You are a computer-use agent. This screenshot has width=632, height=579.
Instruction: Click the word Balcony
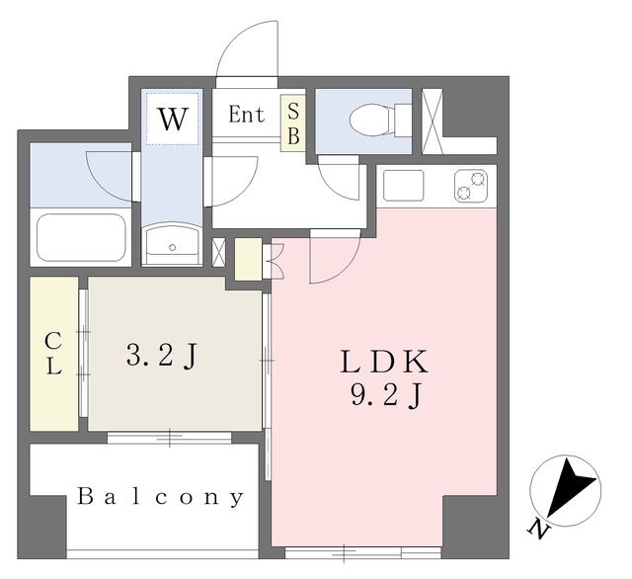[160, 497]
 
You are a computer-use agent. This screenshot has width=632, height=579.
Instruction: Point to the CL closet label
[53, 354]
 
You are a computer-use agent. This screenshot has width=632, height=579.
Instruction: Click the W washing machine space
[173, 120]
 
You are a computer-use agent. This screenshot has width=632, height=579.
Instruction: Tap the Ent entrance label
[247, 115]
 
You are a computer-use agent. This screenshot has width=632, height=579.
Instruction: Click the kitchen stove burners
[471, 185]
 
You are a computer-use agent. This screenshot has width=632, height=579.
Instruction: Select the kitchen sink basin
[402, 185]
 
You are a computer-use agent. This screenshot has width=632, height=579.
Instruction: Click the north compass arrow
[570, 490]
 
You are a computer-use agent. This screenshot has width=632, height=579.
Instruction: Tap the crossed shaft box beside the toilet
[432, 121]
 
